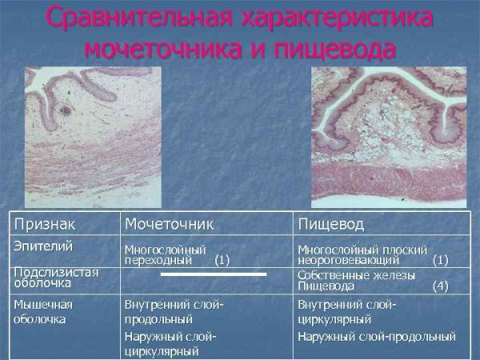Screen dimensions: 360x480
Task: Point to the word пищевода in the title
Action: (x=339, y=48)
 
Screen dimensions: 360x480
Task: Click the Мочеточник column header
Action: (x=169, y=222)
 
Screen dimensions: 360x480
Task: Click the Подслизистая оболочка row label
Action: (x=56, y=277)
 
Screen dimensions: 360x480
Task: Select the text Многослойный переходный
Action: (x=165, y=254)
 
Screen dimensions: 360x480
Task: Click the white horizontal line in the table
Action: (x=214, y=274)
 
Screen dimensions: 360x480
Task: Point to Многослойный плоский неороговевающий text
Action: (x=362, y=254)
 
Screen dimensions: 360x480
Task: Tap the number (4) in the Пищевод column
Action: (x=441, y=285)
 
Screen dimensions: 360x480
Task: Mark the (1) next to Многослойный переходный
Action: (x=222, y=260)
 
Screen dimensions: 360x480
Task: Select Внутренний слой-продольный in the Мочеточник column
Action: (x=174, y=311)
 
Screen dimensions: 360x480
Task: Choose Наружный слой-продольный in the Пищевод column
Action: (x=377, y=336)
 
